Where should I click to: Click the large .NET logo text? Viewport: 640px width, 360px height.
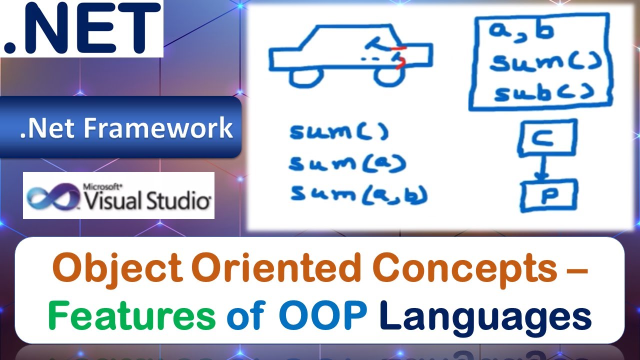(x=81, y=28)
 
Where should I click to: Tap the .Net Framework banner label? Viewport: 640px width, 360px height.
(x=126, y=127)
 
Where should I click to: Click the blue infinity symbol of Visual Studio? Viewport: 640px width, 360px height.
(x=52, y=195)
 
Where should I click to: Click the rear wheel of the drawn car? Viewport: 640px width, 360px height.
(x=306, y=77)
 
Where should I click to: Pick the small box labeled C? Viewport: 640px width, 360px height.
(x=546, y=137)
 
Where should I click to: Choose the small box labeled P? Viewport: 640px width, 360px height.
(x=548, y=195)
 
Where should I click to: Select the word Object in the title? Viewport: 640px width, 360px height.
(x=117, y=269)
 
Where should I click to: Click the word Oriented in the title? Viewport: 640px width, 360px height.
(x=275, y=269)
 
